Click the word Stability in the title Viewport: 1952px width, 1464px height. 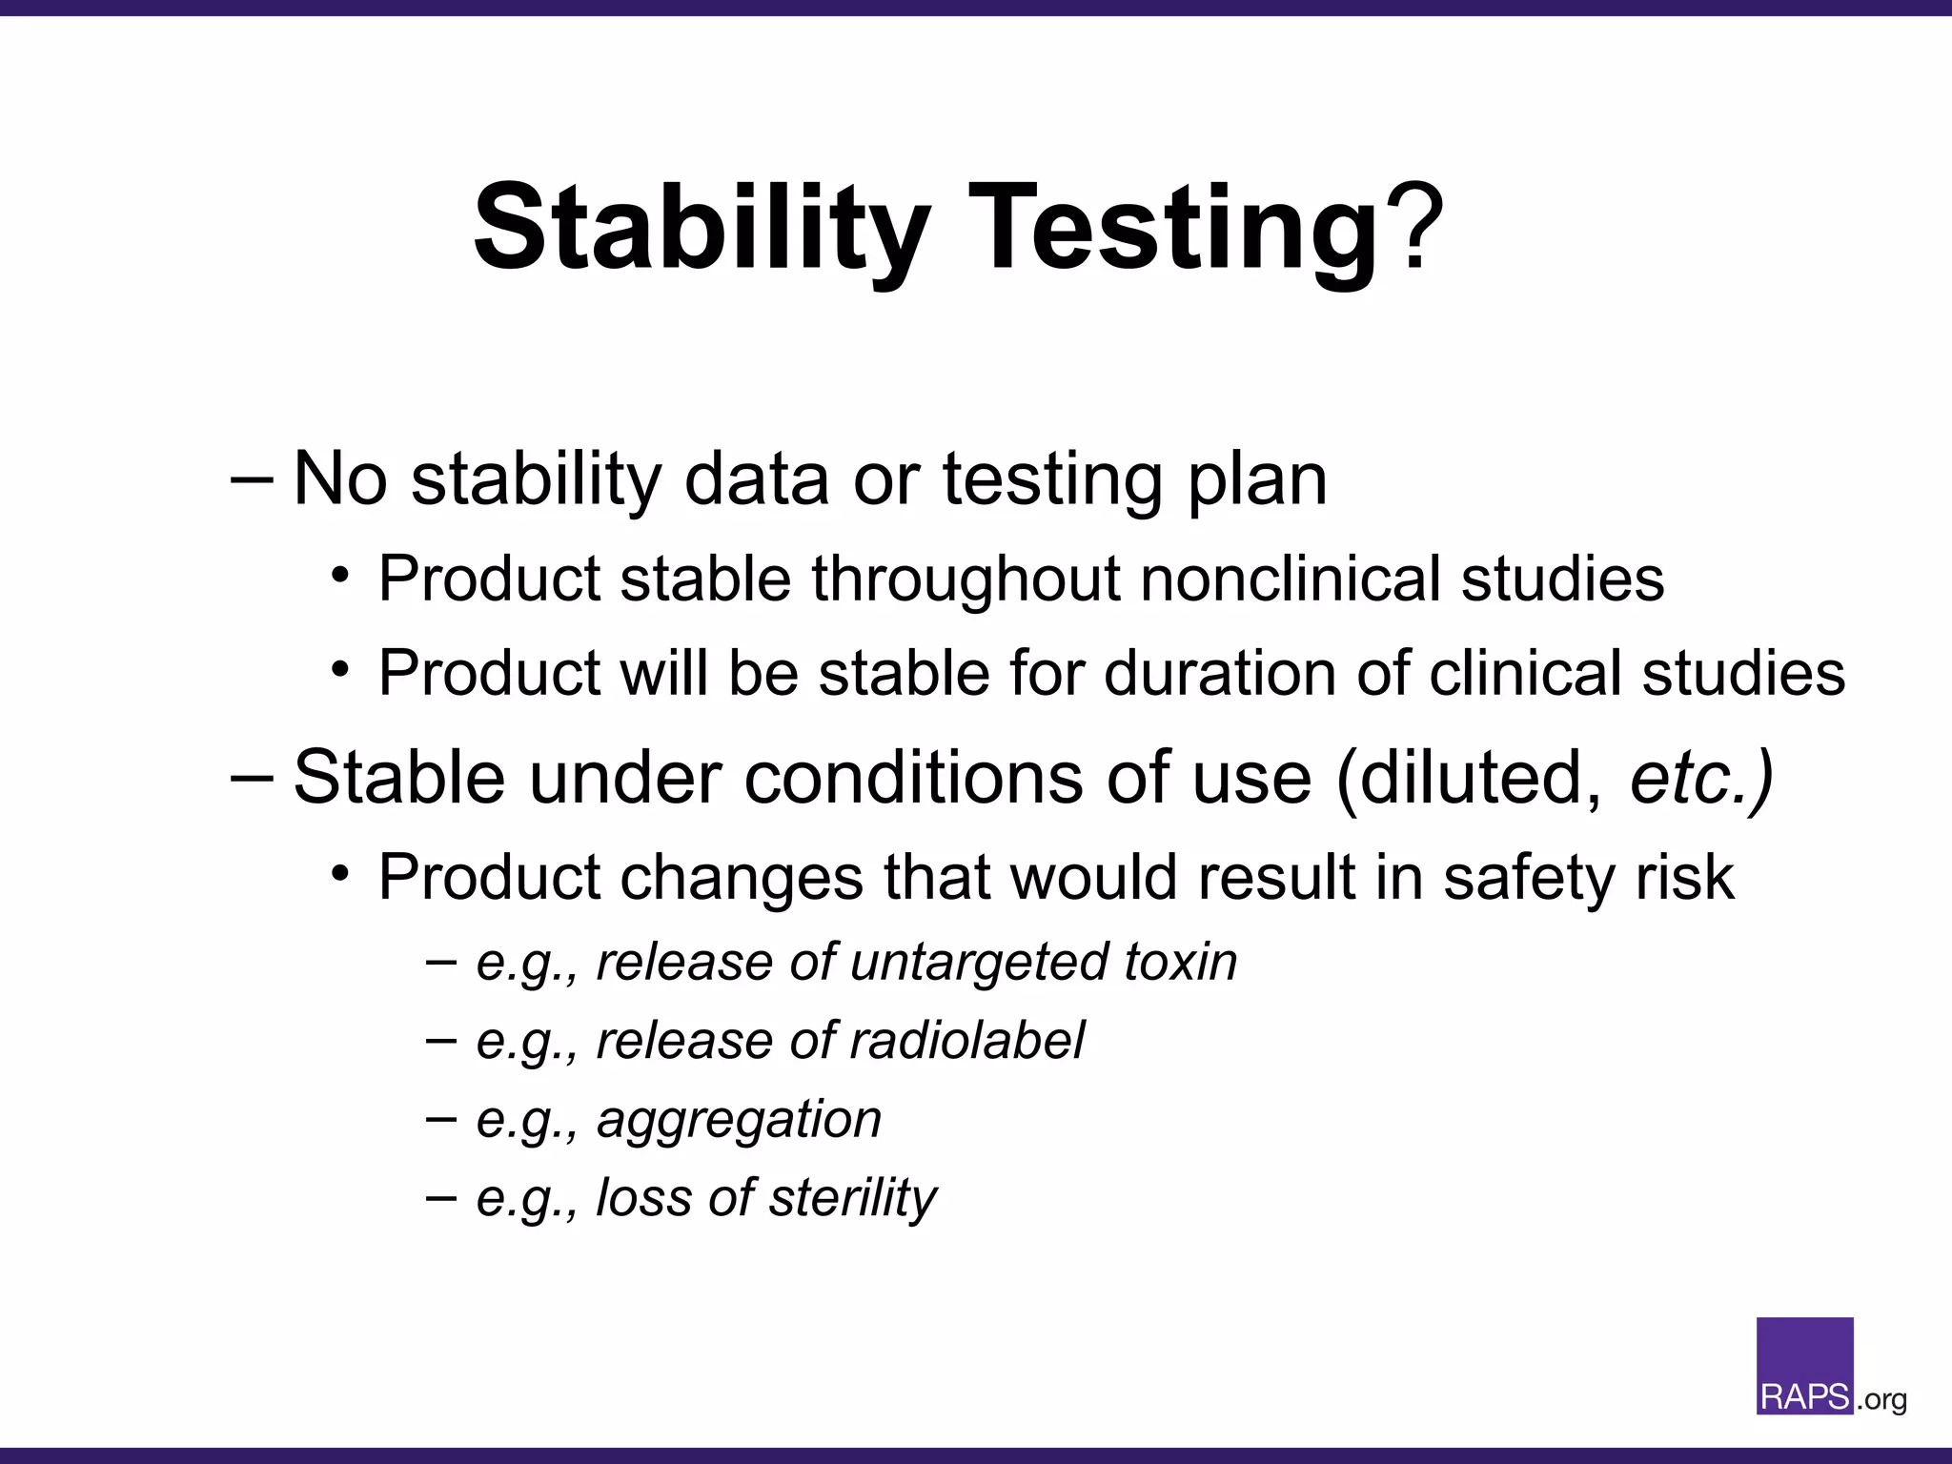(x=701, y=229)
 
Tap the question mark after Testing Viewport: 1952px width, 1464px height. (x=1413, y=229)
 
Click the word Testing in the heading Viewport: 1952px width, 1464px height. (x=1172, y=229)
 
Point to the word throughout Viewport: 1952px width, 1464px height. (x=965, y=579)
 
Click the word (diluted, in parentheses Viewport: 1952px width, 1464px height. (x=1469, y=778)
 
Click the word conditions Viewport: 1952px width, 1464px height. (x=913, y=778)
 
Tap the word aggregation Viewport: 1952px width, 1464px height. (x=739, y=1119)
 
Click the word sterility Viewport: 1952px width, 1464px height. (x=852, y=1198)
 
